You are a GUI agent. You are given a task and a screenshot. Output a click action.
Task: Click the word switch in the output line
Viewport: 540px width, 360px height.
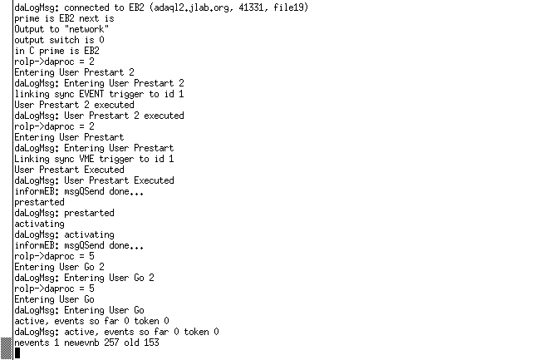[64, 40]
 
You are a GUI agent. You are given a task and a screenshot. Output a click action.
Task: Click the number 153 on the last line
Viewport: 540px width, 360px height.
[151, 343]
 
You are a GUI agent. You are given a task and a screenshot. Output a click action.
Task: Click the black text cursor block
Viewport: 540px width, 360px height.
[17, 353]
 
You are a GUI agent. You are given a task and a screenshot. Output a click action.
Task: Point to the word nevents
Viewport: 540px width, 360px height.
[32, 343]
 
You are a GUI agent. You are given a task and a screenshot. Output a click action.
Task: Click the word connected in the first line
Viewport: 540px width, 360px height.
[86, 7]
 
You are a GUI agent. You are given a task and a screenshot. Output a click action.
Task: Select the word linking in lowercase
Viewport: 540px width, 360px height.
[32, 94]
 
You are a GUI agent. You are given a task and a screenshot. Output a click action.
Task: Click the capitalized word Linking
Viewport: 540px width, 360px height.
[32, 159]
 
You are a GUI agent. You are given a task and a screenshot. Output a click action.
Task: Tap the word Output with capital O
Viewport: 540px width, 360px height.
[29, 29]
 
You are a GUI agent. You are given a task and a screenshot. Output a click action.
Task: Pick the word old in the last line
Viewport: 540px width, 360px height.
[131, 343]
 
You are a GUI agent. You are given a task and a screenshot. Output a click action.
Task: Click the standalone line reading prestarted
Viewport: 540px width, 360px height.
[39, 202]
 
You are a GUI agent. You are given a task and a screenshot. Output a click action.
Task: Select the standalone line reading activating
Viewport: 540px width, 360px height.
[39, 224]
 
